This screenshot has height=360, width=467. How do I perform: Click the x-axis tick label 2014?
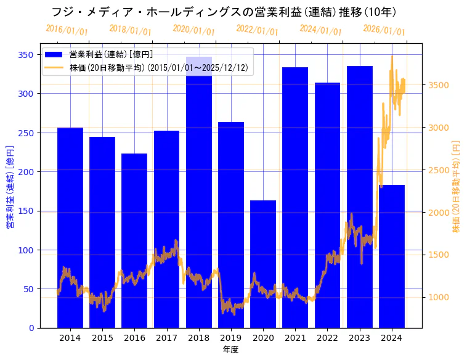coord(70,338)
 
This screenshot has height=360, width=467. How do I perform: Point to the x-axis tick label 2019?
coord(231,338)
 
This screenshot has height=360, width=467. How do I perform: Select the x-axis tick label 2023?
coord(360,338)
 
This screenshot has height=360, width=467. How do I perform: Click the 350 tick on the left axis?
coord(28,55)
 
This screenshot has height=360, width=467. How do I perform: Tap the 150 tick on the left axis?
coord(28,211)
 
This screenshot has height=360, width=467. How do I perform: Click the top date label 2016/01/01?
coord(67,30)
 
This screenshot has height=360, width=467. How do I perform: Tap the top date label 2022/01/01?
coord(257,30)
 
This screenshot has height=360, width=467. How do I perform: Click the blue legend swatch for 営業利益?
coord(54,54)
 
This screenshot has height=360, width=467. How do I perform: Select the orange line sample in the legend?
coord(54,68)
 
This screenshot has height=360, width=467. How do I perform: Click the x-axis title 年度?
coord(230,350)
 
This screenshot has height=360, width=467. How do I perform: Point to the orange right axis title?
coord(456,186)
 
